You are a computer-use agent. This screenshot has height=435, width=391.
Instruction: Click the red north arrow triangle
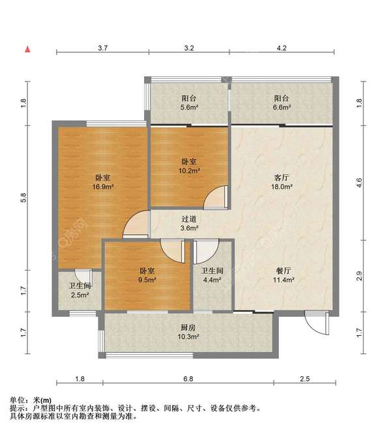pyautogui.click(x=27, y=49)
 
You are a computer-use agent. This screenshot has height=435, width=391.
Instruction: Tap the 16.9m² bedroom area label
pyautogui.click(x=103, y=182)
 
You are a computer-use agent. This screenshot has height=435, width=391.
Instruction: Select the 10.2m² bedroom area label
pyautogui.click(x=189, y=166)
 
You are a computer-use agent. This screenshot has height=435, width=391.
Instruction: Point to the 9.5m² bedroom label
pyautogui.click(x=147, y=275)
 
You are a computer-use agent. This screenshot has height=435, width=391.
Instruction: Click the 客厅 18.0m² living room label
pyautogui.click(x=282, y=182)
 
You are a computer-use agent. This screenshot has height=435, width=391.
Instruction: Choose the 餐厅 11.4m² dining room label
pyautogui.click(x=283, y=275)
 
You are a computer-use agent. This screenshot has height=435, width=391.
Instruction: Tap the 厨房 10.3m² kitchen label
pyautogui.click(x=188, y=332)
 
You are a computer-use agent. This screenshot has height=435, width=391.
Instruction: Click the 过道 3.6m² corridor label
pyautogui.click(x=189, y=223)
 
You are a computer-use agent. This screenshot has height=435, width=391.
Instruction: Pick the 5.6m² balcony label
pyautogui.click(x=189, y=102)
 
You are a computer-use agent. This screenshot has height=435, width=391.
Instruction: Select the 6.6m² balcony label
pyautogui.click(x=282, y=102)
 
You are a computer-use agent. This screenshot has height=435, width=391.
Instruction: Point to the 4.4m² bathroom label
pyautogui.click(x=212, y=275)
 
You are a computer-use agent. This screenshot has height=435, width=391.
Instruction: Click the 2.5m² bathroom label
pyautogui.click(x=80, y=290)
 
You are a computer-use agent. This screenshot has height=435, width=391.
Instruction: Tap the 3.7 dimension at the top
pyautogui.click(x=102, y=48)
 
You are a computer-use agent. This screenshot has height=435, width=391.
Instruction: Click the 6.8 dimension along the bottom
pyautogui.click(x=188, y=379)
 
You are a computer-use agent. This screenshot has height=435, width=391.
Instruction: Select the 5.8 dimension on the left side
pyautogui.click(x=23, y=198)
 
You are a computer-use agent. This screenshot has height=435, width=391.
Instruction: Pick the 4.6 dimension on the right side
pyautogui.click(x=359, y=183)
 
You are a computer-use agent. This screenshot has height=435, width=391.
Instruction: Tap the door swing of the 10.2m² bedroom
pyautogui.click(x=214, y=198)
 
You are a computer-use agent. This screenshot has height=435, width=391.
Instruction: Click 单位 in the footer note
pyautogui.click(x=17, y=400)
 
